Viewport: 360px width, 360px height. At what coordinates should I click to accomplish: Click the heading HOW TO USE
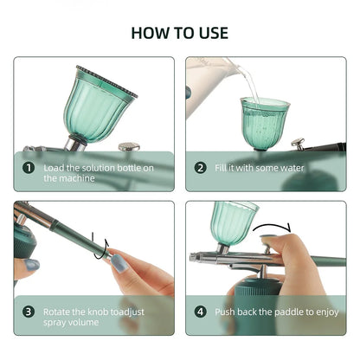[179, 33]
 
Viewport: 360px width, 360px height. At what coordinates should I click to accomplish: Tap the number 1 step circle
[29, 168]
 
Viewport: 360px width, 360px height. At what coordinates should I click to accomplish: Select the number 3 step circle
[29, 311]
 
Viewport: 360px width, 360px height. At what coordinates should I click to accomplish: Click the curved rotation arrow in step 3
[102, 250]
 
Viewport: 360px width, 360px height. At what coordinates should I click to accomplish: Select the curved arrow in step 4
[275, 229]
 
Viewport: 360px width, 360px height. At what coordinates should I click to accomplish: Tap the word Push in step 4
[227, 311]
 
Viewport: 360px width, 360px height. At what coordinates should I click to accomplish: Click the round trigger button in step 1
[129, 147]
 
